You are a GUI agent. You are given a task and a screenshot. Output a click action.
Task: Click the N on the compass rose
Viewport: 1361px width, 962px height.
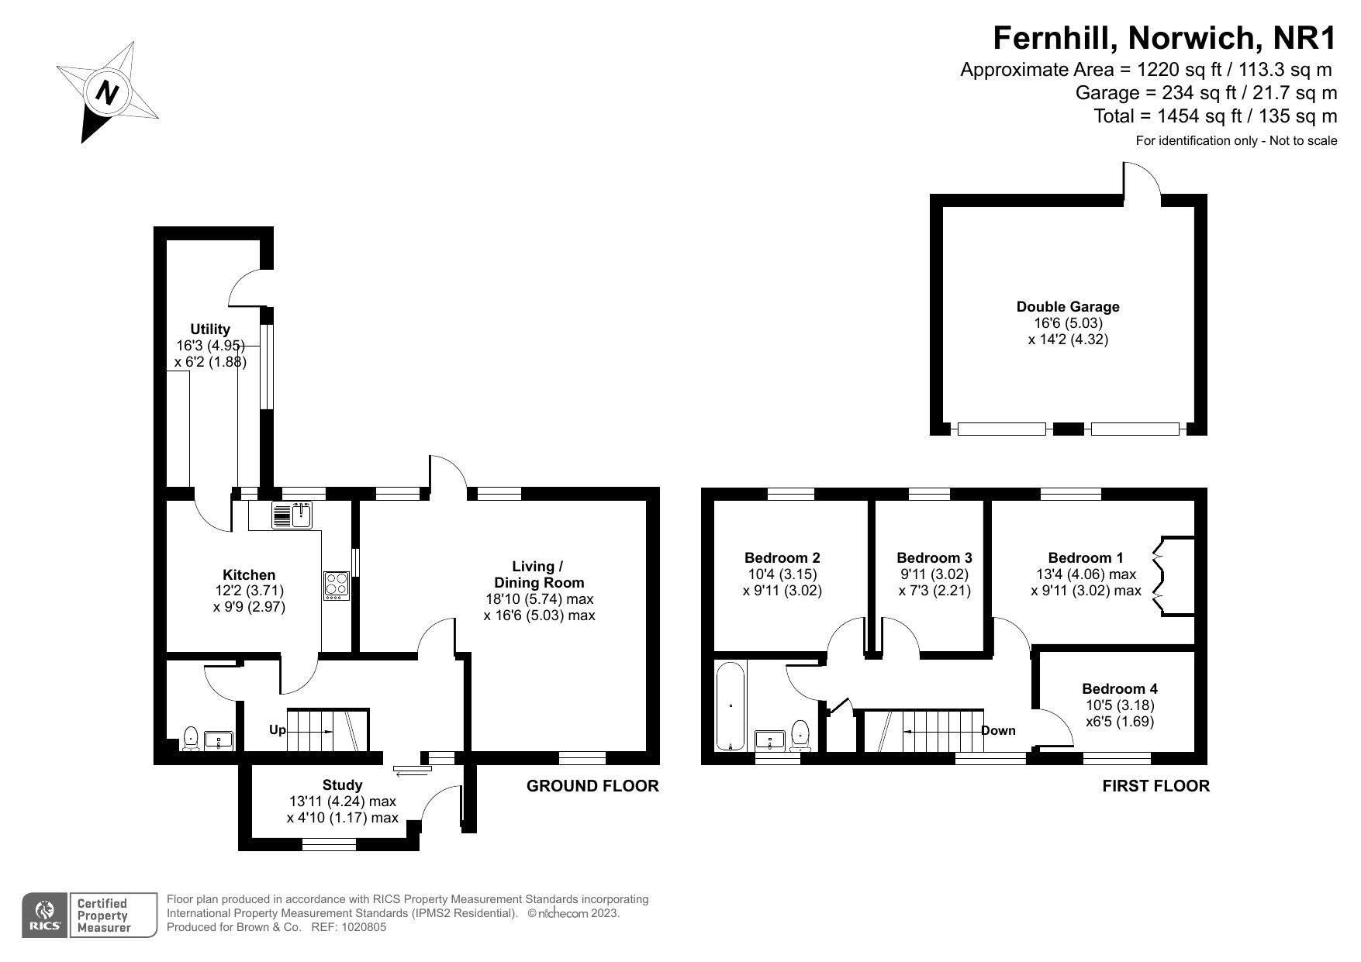tap(107, 93)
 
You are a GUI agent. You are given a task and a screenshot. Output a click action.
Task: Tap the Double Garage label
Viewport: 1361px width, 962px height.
tap(1068, 307)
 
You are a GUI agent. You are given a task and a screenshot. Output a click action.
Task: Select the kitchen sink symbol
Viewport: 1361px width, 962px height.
tap(292, 515)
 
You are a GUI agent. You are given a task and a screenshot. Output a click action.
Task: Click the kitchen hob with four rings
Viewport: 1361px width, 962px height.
tap(337, 585)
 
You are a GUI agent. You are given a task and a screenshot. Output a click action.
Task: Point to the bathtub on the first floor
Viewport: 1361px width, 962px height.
tap(731, 705)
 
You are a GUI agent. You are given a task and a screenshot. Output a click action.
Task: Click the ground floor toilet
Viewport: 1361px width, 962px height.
tap(190, 739)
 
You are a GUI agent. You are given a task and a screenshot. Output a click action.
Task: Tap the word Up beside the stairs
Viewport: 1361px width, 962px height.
tap(278, 730)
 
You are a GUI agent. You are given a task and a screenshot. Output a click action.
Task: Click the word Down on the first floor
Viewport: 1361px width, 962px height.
tap(998, 730)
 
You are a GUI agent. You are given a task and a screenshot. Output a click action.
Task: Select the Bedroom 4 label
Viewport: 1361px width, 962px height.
tap(1119, 688)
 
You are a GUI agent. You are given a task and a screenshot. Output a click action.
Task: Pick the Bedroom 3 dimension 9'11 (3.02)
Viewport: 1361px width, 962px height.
tap(934, 574)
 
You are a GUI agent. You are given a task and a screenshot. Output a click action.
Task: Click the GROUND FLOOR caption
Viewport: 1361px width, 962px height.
tap(592, 786)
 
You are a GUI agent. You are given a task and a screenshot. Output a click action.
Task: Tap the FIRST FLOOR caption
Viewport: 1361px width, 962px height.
tap(1155, 786)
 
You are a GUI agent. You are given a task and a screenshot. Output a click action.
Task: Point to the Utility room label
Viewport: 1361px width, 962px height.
tap(210, 329)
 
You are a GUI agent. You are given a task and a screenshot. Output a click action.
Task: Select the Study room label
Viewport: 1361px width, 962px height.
tap(342, 785)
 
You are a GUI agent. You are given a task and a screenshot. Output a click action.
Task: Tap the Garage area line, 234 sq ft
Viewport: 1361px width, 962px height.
tap(1206, 93)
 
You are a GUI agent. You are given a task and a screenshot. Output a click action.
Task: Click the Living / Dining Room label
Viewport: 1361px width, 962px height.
tap(539, 574)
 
